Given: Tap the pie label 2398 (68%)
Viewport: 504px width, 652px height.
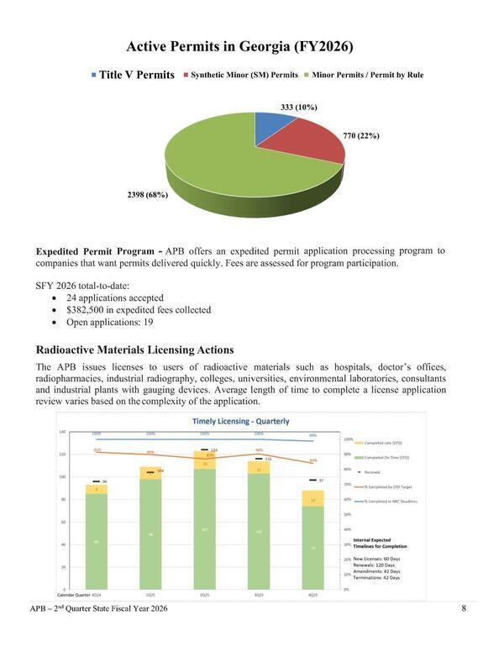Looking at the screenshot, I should [147, 195].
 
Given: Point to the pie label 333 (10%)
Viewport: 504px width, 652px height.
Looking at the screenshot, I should [298, 108].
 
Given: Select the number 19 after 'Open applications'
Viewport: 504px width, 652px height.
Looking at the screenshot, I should [148, 322].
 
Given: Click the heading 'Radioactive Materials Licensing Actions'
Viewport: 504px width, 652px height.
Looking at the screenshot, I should [134, 350].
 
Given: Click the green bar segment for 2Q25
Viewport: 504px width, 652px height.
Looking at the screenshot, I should [205, 529].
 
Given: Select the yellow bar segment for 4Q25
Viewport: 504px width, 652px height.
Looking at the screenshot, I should [312, 498].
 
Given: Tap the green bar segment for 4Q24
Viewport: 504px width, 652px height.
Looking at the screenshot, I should [97, 541].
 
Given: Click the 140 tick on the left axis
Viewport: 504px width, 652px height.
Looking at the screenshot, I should [63, 433].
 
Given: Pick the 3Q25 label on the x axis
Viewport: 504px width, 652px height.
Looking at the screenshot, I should [259, 596].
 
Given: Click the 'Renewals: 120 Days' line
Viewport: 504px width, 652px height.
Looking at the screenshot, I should [376, 565].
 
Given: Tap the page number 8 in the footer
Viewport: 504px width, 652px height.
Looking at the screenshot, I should [464, 608].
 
